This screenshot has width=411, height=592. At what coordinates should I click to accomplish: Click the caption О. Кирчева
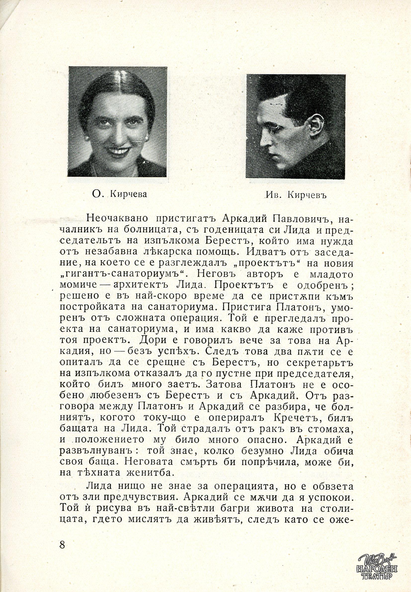(120, 194)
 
